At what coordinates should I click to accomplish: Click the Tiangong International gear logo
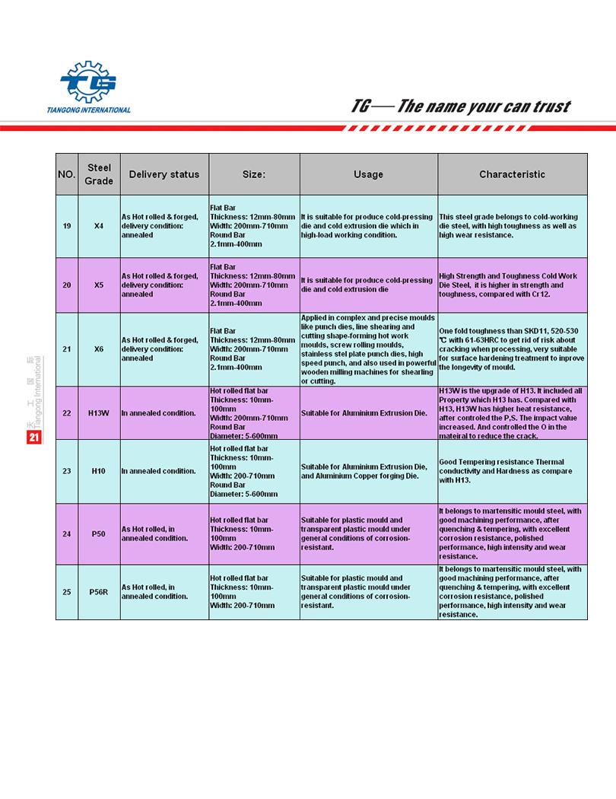click(x=88, y=82)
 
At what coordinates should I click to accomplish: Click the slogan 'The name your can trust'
click(x=461, y=107)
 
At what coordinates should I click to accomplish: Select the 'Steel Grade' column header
click(x=99, y=174)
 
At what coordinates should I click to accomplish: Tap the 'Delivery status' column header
click(x=164, y=174)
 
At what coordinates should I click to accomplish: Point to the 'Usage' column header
click(x=368, y=174)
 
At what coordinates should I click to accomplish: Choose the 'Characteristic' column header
click(x=512, y=174)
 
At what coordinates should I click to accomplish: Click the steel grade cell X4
click(x=99, y=226)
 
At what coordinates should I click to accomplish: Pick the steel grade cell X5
click(x=99, y=285)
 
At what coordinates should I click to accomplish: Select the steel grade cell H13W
click(x=99, y=413)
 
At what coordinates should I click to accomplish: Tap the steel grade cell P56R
click(x=99, y=592)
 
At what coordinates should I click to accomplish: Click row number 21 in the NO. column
click(x=67, y=349)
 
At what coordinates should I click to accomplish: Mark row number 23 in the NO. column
click(x=67, y=471)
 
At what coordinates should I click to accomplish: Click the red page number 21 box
click(x=33, y=438)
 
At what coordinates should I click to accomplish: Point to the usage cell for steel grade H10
click(x=368, y=471)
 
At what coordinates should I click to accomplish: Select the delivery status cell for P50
click(x=164, y=533)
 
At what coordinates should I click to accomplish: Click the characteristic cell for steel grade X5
click(x=512, y=285)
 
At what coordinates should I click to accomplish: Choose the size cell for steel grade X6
click(x=254, y=349)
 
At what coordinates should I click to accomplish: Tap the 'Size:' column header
click(x=254, y=174)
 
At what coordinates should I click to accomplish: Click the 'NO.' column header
click(x=67, y=174)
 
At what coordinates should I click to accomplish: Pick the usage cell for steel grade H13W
click(x=368, y=413)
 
